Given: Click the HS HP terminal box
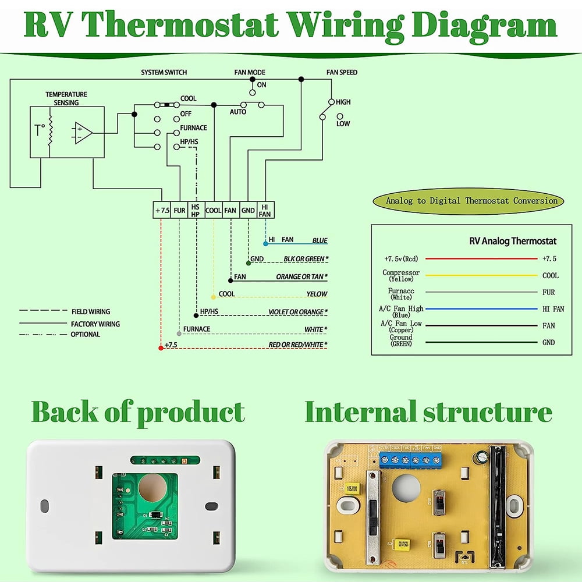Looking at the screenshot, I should click(196, 210).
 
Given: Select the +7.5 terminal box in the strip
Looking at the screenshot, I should click(162, 210).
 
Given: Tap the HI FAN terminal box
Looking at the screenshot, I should click(265, 210).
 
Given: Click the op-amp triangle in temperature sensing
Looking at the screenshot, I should click(83, 133).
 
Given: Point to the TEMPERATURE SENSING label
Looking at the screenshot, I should click(66, 98).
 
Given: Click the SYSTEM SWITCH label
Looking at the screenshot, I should click(164, 73).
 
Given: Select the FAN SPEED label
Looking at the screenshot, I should click(342, 73).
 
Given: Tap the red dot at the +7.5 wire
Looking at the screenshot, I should click(161, 347).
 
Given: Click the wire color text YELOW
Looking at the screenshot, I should click(317, 294).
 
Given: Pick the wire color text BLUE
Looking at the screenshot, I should click(320, 240).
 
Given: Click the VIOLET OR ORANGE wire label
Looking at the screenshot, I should click(297, 313).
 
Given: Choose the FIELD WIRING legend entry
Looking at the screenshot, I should click(90, 312).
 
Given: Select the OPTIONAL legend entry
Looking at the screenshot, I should click(85, 335).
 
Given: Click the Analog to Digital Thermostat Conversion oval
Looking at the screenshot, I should click(468, 201).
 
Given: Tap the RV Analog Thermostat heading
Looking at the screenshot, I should click(513, 241).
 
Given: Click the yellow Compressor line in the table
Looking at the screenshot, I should click(481, 275).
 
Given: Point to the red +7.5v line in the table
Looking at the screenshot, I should click(481, 258).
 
